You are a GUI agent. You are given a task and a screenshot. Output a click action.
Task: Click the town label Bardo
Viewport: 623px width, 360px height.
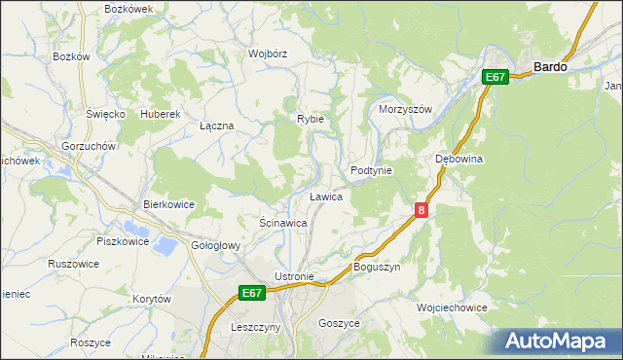click(550, 67)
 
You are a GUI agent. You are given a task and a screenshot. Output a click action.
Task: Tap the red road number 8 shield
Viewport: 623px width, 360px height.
click(421, 209)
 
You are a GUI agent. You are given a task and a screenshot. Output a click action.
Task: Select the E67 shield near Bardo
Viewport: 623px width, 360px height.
click(495, 77)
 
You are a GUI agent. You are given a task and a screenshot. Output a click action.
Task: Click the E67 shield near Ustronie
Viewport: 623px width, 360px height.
click(252, 292)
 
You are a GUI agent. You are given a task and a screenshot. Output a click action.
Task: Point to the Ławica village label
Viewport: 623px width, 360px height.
click(325, 197)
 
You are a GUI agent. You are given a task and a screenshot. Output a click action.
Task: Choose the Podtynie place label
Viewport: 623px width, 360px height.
click(371, 170)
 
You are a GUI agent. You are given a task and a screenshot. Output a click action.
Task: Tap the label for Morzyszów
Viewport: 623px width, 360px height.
click(404, 109)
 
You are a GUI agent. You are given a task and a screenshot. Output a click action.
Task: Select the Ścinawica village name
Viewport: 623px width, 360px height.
click(283, 223)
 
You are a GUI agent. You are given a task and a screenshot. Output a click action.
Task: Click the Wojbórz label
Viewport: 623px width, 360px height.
click(267, 54)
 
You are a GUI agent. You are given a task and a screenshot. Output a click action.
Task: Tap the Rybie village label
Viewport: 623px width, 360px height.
click(311, 119)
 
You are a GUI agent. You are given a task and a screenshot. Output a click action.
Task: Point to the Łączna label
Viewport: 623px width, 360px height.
click(216, 126)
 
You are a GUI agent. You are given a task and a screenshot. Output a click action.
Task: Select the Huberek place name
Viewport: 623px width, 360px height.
click(161, 114)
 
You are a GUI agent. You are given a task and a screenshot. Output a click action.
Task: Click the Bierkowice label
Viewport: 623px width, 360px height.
click(169, 204)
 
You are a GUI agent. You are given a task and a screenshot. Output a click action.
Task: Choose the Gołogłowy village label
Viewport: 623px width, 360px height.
click(215, 245)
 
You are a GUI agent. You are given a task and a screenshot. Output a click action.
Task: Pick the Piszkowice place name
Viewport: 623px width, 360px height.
click(122, 239)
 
